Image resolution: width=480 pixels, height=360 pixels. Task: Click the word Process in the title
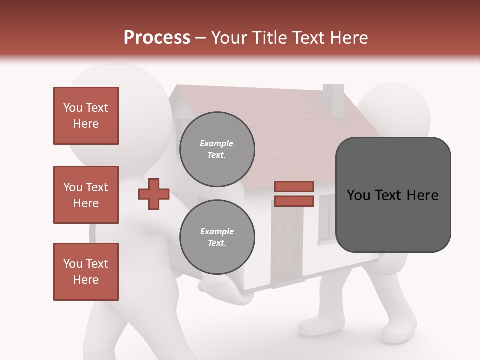tap(157, 38)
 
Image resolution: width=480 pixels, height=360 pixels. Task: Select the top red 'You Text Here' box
tap(86, 116)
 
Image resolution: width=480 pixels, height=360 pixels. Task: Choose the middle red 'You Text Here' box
tap(86, 195)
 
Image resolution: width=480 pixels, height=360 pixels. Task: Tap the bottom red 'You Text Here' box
tap(86, 272)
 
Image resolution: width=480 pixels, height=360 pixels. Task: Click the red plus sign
tap(154, 194)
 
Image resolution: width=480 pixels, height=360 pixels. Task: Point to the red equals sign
tap(294, 194)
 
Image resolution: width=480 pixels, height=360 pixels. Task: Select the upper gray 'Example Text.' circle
tap(217, 149)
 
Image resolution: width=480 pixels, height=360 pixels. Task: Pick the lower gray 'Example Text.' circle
tap(217, 237)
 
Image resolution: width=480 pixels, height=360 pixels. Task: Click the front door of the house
tap(287, 245)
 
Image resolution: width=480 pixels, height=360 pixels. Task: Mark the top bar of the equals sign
tap(294, 187)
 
